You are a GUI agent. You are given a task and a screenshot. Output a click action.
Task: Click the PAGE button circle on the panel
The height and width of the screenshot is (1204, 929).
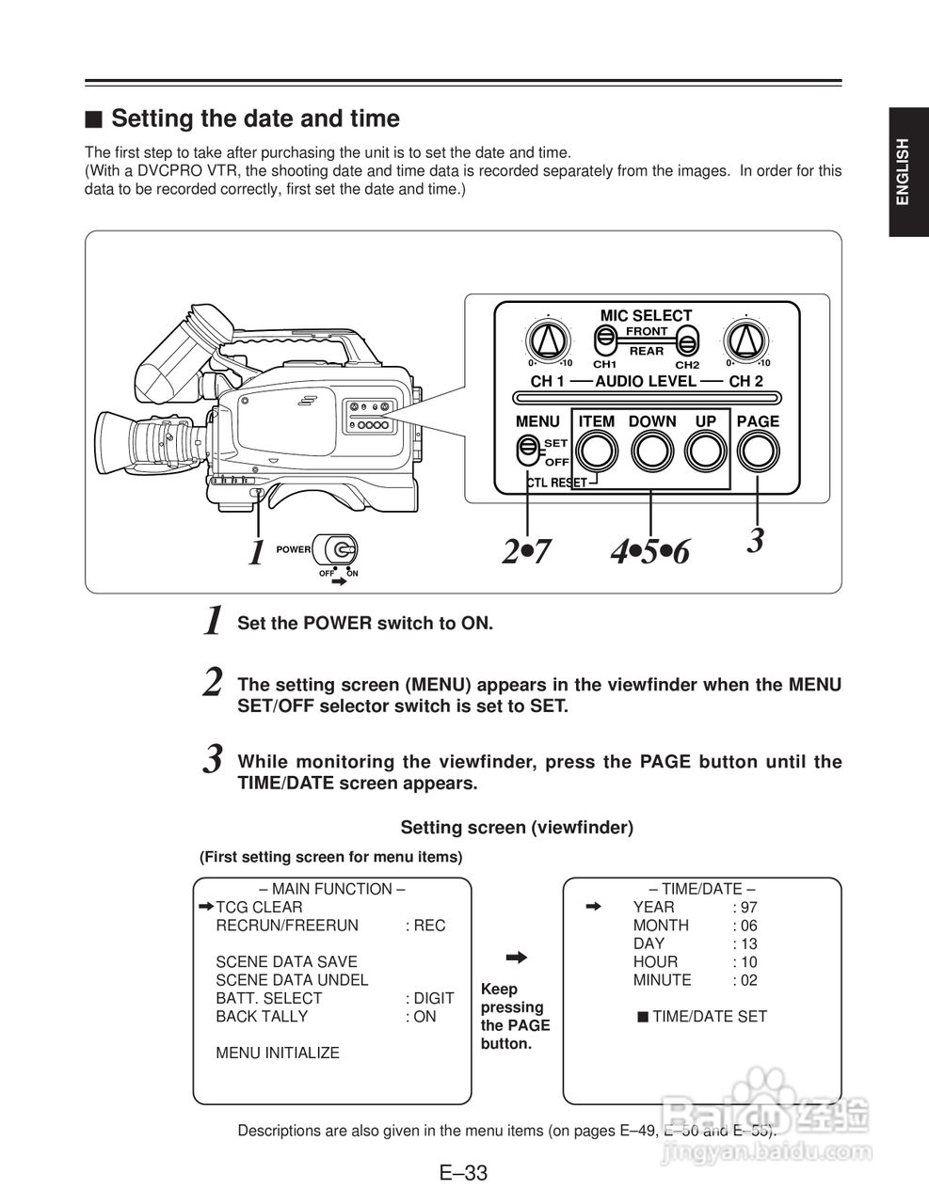(759, 452)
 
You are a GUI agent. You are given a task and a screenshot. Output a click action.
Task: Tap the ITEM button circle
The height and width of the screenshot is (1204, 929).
(596, 452)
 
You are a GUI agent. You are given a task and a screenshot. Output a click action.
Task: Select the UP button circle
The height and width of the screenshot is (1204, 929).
(705, 452)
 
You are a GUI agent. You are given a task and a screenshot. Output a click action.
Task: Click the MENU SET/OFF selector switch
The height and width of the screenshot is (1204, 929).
(528, 450)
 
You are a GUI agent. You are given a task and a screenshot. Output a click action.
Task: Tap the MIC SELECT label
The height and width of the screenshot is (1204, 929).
(646, 316)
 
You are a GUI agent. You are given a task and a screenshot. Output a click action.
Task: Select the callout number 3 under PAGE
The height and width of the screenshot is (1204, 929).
(755, 541)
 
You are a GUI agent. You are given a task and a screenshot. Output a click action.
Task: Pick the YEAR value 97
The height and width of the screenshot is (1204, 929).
(749, 908)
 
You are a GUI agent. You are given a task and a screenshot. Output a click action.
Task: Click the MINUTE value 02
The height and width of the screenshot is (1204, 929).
(749, 980)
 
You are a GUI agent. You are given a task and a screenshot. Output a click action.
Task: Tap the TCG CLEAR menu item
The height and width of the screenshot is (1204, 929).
(259, 908)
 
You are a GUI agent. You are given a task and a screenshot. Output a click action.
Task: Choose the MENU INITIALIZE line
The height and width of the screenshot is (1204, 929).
(278, 1053)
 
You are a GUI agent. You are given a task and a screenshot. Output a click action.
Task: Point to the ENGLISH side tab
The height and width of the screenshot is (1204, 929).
(903, 171)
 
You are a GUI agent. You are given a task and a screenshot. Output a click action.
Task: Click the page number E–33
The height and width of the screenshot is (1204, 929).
(463, 1173)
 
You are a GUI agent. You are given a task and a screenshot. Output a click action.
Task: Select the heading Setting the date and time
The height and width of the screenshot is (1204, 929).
(255, 119)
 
